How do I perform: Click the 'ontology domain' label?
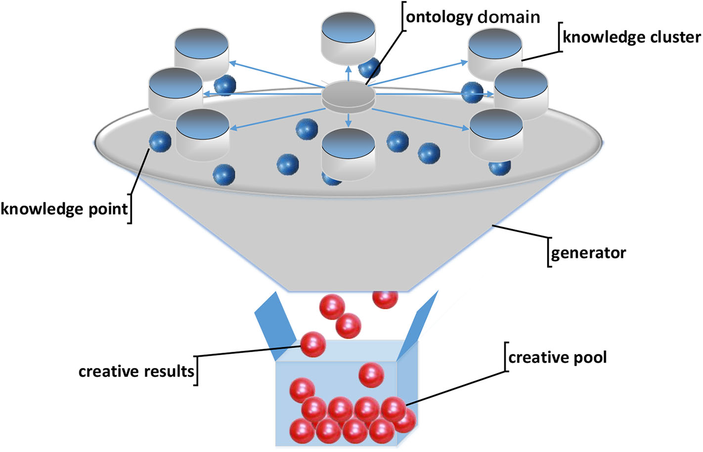(x=472, y=17)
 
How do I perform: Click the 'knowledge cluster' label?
(x=631, y=37)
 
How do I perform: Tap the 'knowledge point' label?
(x=64, y=209)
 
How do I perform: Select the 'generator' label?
(x=588, y=253)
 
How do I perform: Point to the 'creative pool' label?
(x=557, y=357)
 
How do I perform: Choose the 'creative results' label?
(x=136, y=371)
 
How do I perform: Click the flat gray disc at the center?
(x=349, y=96)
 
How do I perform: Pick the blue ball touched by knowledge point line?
(x=160, y=141)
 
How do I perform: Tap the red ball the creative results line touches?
(x=313, y=344)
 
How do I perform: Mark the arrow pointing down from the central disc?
(x=349, y=120)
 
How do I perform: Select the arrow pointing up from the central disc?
(x=349, y=74)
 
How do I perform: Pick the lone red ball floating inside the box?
(x=371, y=375)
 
